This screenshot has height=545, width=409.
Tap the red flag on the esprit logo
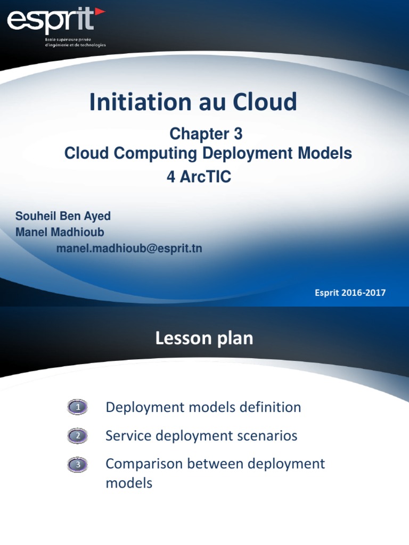pyautogui.click(x=100, y=12)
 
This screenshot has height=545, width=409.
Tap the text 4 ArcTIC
pyautogui.click(x=199, y=177)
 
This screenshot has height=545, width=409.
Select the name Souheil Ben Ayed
pyautogui.click(x=63, y=216)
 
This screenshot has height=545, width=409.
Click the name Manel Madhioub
pyautogui.click(x=60, y=232)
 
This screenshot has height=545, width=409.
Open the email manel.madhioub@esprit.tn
pyautogui.click(x=129, y=249)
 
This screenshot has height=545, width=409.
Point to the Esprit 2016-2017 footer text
pyautogui.click(x=350, y=293)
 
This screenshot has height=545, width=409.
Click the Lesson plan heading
pyautogui.click(x=204, y=338)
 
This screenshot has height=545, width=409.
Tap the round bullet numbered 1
pyautogui.click(x=78, y=408)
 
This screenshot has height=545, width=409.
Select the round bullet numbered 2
pyautogui.click(x=78, y=437)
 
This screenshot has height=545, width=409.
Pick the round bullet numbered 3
pyautogui.click(x=78, y=465)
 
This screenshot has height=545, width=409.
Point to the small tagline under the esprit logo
pyautogui.click(x=75, y=43)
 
